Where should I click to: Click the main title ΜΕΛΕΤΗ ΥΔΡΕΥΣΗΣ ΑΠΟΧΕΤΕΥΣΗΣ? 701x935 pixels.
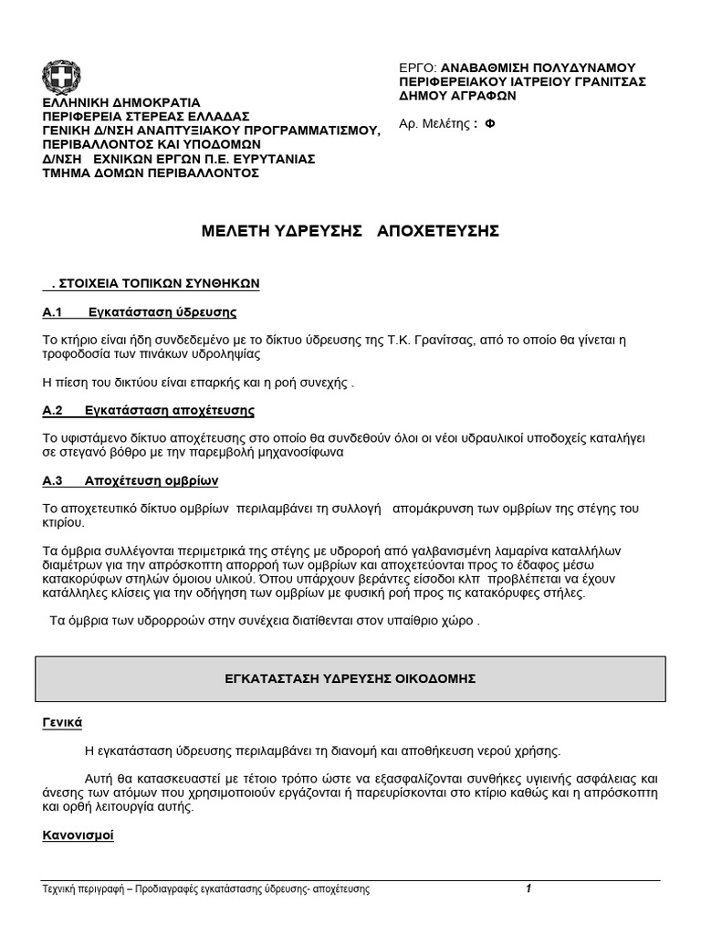[350, 232]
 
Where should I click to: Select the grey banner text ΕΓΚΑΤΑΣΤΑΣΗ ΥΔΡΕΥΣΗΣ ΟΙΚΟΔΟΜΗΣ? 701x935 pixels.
[350, 679]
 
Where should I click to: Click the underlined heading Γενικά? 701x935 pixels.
[62, 722]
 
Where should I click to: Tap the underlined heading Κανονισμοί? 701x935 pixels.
[78, 835]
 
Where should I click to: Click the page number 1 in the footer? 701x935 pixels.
[528, 889]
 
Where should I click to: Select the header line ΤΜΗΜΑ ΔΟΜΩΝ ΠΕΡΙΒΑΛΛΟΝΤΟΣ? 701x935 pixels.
[151, 172]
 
